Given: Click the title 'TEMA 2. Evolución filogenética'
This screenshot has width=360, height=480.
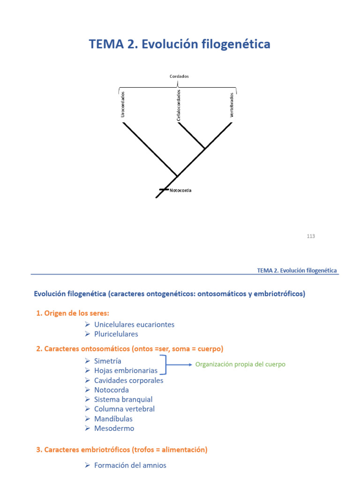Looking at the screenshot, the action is (x=180, y=45).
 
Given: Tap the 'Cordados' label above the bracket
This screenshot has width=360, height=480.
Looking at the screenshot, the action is (x=179, y=76).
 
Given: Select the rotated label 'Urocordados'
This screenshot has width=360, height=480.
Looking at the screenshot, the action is (x=123, y=104).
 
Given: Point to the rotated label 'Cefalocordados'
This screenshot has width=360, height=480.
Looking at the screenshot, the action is (x=179, y=105).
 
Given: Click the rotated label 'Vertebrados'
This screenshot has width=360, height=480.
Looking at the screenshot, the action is (x=232, y=105).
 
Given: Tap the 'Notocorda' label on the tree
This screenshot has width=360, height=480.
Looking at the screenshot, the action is (x=180, y=191).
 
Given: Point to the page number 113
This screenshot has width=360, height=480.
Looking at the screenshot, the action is (x=311, y=236).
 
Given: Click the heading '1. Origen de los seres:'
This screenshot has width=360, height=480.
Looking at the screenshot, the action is (x=73, y=313).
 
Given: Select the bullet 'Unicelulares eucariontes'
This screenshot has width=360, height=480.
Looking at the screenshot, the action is (x=134, y=324).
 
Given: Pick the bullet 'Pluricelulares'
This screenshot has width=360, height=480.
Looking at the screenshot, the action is (x=116, y=334).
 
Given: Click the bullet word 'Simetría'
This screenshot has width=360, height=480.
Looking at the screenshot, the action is (x=107, y=361).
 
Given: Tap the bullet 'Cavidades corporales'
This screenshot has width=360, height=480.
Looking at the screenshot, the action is (x=128, y=380).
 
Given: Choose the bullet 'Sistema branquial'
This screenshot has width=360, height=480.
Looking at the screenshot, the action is (x=123, y=399).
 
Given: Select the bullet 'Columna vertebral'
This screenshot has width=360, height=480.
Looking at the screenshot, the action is (x=124, y=409).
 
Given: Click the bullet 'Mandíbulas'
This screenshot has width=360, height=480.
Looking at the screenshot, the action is (x=113, y=419).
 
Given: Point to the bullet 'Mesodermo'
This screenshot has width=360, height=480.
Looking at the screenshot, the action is (x=114, y=428).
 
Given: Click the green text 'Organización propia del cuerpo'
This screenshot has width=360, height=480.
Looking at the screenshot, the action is (x=240, y=364).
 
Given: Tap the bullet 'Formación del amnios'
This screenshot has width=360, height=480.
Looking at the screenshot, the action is (x=130, y=465).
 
